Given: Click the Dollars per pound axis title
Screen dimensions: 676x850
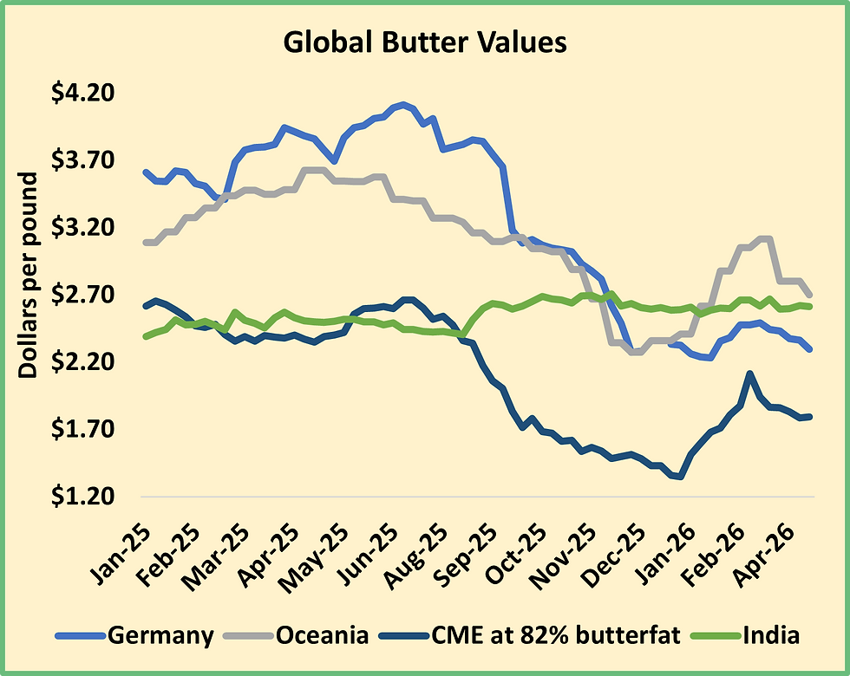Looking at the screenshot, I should pos(28,275).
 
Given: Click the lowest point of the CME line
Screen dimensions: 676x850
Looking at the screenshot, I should pos(681,476).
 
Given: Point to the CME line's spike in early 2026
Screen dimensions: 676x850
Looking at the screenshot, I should pos(749,374).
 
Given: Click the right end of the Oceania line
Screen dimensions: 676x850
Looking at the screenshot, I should pos(809,294).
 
